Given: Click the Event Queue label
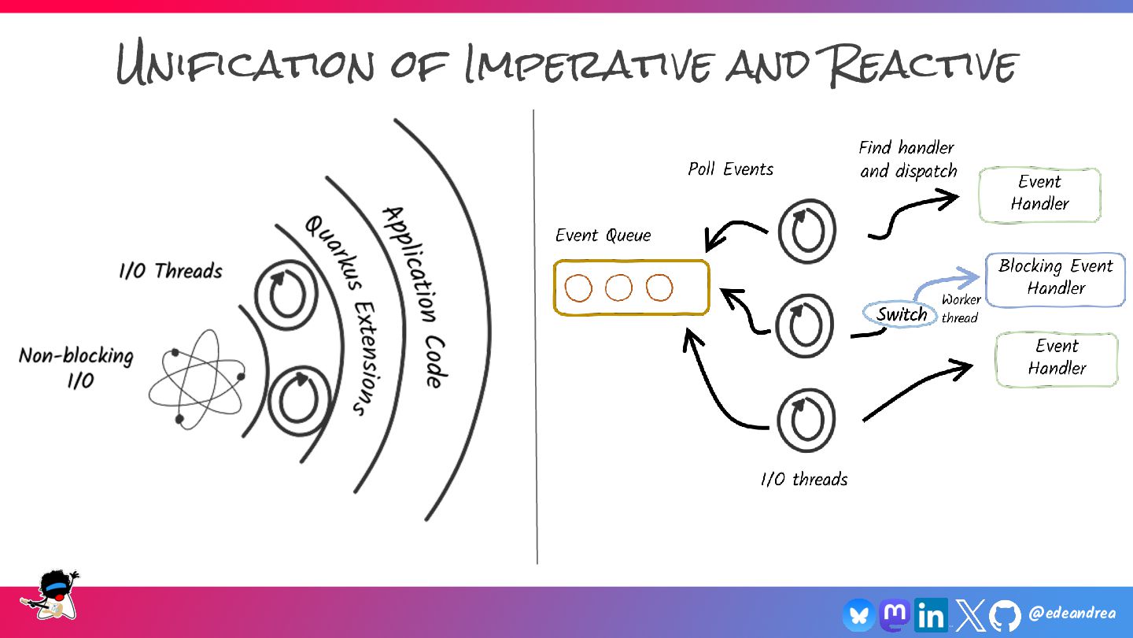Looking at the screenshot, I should click(603, 236).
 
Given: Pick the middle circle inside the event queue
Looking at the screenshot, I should click(619, 288).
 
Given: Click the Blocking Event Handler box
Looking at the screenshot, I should click(1055, 278).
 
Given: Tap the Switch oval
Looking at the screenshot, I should click(902, 315).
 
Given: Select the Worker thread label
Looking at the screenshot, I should click(961, 309).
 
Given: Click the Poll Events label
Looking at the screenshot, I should click(731, 169).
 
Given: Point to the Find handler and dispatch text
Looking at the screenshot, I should click(907, 159).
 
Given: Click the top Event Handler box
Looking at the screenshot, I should click(1039, 194).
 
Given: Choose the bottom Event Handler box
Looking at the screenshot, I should click(1057, 358).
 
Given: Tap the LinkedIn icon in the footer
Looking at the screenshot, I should click(932, 615).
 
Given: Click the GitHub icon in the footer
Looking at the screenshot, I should click(1005, 615).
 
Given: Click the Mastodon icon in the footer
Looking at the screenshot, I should click(895, 614).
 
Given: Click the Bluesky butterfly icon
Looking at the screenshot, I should click(858, 615).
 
